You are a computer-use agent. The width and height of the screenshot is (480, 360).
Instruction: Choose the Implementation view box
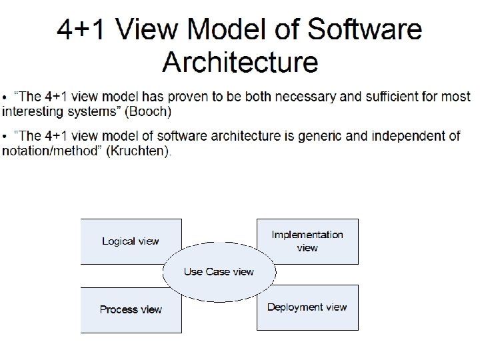[307, 241]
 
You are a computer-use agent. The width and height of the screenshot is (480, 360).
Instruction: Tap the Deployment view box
[307, 307]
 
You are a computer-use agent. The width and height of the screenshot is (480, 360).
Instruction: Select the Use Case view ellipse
[219, 272]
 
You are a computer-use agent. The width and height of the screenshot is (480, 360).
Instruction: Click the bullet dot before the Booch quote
[6, 97]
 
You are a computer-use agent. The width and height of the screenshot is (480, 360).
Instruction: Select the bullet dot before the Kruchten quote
[6, 137]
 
